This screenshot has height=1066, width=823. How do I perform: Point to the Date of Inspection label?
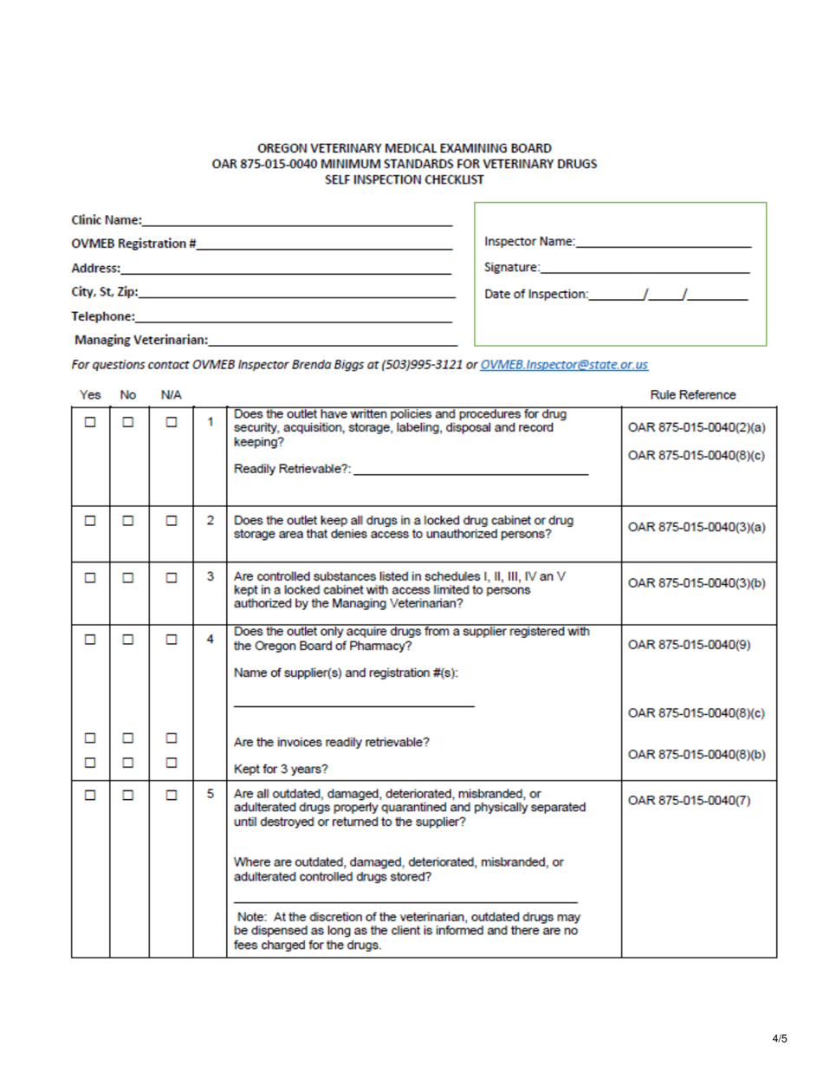[x=535, y=296]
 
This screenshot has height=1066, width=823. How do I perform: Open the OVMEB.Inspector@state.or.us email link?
[x=564, y=366]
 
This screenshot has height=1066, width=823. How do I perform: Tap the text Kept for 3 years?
[x=282, y=767]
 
